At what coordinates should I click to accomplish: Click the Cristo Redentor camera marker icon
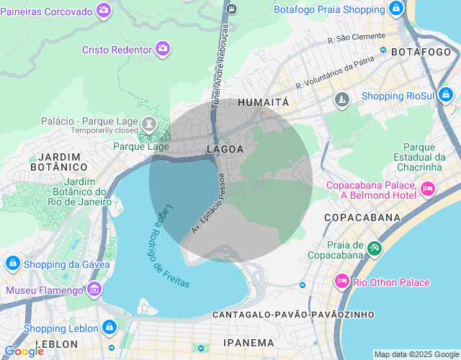(x=163, y=49)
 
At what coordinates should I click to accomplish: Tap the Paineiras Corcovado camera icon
(x=104, y=11)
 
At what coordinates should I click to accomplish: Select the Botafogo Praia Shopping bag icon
(x=395, y=9)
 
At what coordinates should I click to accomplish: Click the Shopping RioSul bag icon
(x=447, y=95)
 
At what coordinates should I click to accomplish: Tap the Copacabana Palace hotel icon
(x=428, y=189)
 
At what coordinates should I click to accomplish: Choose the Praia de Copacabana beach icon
(x=374, y=248)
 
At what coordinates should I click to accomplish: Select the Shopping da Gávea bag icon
(x=12, y=264)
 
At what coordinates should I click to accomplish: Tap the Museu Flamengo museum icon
(x=94, y=289)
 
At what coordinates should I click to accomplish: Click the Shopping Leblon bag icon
(x=109, y=328)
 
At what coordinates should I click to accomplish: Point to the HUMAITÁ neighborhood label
(x=263, y=102)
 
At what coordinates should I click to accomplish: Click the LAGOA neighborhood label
(x=225, y=149)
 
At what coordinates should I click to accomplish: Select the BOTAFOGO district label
(x=421, y=52)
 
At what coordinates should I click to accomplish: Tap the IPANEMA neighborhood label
(x=249, y=343)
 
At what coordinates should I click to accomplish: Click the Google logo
(x=24, y=351)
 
